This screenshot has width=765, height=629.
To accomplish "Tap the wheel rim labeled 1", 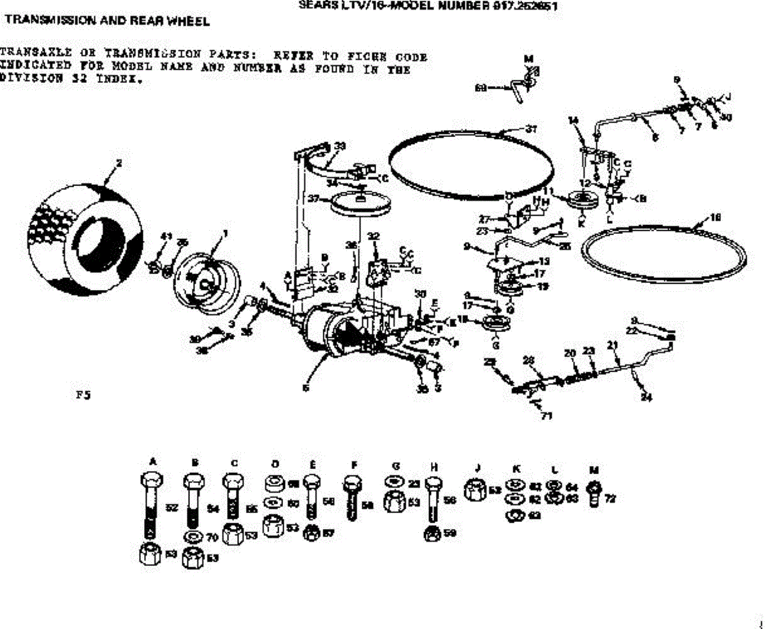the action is [205, 281].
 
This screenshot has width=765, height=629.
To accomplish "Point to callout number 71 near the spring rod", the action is [546, 416].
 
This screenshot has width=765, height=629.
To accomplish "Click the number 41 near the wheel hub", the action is [166, 236].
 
